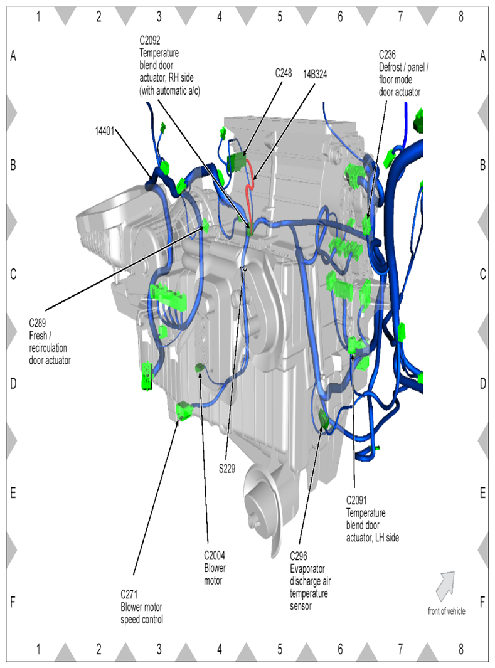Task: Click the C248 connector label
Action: point(284,73)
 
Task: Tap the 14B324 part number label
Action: point(315,73)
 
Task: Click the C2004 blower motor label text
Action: point(215,568)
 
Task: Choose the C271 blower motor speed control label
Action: point(142,607)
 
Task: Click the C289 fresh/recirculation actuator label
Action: point(50,341)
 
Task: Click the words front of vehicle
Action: point(446,612)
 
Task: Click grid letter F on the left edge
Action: point(13,602)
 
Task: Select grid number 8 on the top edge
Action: point(460,16)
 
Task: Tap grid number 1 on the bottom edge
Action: point(38,651)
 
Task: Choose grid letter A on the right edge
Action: point(482,56)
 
